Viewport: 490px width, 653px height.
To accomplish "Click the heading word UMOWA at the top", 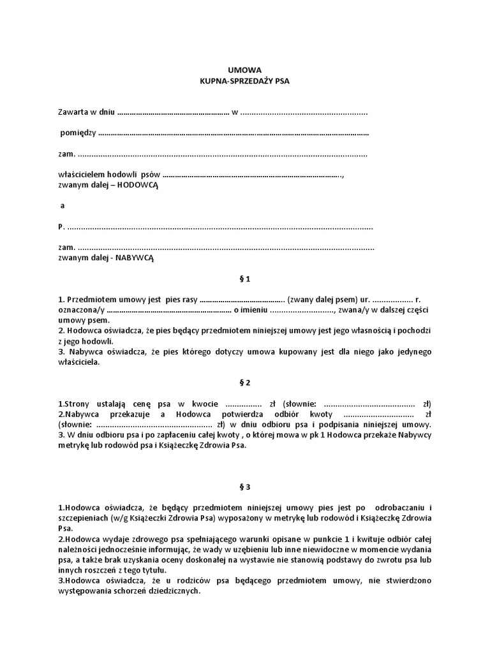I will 244,70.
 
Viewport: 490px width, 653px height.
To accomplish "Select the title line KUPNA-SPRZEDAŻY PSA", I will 244,82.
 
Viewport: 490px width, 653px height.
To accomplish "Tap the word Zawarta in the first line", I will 71,113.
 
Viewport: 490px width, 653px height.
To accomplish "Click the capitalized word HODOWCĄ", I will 137,185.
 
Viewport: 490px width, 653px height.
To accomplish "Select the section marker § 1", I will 244,279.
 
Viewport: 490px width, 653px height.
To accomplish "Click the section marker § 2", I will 244,383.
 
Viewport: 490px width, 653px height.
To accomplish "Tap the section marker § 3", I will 244,487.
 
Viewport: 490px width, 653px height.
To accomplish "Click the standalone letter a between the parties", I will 62,206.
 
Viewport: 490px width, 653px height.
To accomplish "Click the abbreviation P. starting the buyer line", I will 61,226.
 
